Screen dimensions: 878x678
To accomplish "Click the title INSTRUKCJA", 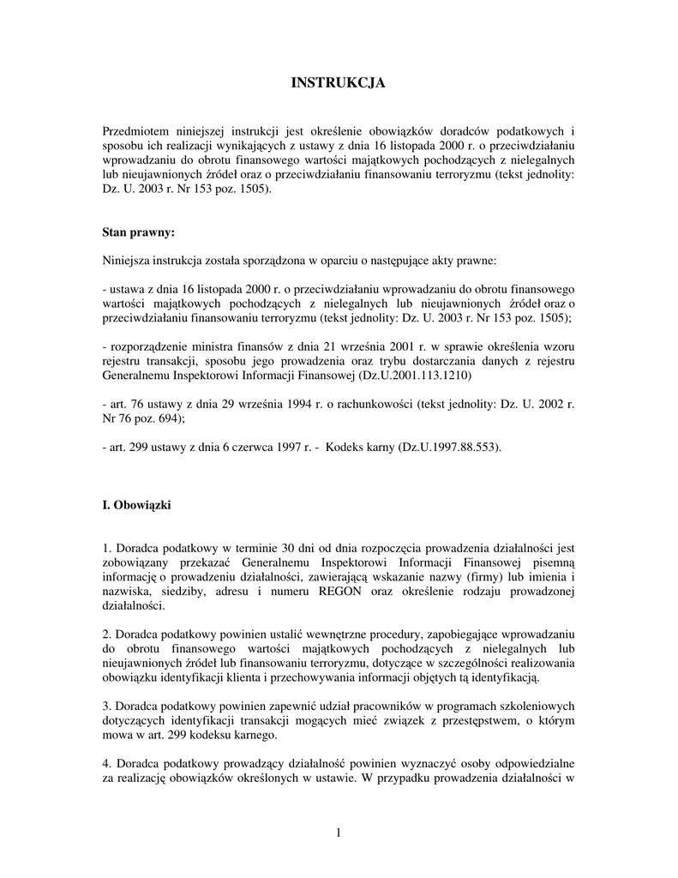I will [339, 83].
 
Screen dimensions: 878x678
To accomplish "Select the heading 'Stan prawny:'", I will [139, 232].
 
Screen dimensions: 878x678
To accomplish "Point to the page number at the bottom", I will [339, 833].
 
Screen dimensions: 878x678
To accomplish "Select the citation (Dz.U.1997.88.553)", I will [449, 448].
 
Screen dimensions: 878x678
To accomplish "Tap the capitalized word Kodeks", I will [344, 448].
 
